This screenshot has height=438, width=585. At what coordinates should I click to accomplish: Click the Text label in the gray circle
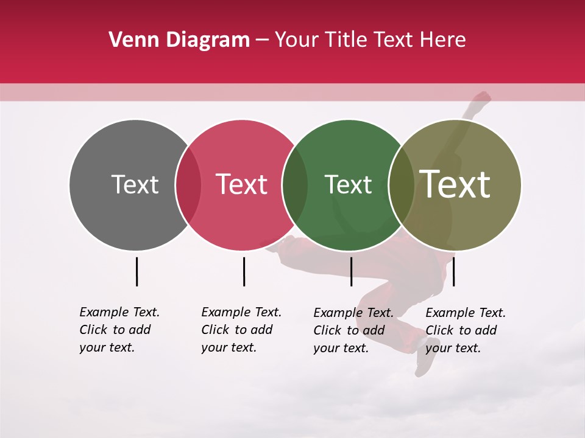click(x=135, y=184)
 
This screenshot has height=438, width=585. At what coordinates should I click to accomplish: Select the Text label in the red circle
click(x=242, y=184)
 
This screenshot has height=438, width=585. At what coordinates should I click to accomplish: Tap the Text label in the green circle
click(x=348, y=184)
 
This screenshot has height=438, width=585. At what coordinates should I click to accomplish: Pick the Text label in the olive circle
click(x=455, y=184)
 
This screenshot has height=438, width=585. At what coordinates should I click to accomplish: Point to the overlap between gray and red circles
click(x=188, y=185)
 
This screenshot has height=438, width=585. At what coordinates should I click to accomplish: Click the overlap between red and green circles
click(x=295, y=185)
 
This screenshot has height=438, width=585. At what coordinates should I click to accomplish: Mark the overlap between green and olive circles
click(x=402, y=185)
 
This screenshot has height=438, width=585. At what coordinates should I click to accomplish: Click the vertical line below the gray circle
click(x=136, y=271)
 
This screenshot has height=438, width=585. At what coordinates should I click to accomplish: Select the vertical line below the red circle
click(x=244, y=271)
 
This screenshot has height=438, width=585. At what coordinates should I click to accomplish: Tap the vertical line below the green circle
click(x=351, y=271)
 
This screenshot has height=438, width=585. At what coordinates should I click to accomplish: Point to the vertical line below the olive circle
click(x=453, y=271)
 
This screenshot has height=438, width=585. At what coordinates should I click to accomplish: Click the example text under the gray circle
click(x=119, y=330)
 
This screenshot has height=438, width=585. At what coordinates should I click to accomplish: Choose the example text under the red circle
click(x=241, y=330)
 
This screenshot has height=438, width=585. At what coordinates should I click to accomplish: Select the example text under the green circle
click(x=353, y=330)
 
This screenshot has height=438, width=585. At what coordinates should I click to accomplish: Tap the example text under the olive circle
click(x=466, y=330)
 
